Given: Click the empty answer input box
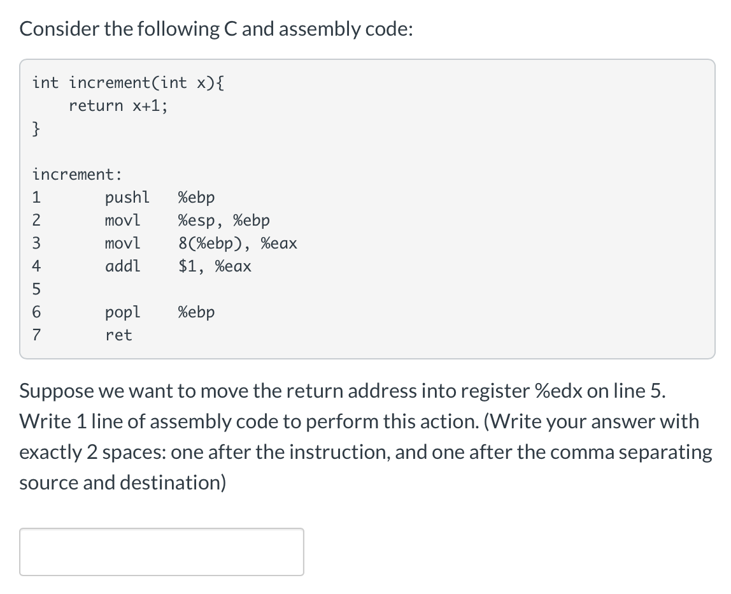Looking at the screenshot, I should pyautogui.click(x=161, y=551).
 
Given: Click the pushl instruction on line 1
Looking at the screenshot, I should pyautogui.click(x=127, y=198).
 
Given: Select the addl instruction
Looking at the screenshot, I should pyautogui.click(x=122, y=266).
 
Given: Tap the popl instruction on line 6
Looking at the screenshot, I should pyautogui.click(x=122, y=312).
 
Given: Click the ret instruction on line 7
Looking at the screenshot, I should pyautogui.click(x=118, y=335).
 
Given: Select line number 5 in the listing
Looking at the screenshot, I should pyautogui.click(x=36, y=289).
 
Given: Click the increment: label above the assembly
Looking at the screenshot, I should pyautogui.click(x=77, y=174).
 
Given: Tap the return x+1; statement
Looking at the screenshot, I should pyautogui.click(x=118, y=106).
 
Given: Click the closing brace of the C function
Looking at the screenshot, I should pyautogui.click(x=37, y=129).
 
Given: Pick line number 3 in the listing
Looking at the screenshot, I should pyautogui.click(x=36, y=243).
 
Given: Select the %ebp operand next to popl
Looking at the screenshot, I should pyautogui.click(x=196, y=312).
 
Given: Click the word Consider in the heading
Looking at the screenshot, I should pyautogui.click(x=55, y=29).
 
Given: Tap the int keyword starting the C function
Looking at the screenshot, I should pyautogui.click(x=45, y=83).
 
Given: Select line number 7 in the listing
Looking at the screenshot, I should pyautogui.click(x=36, y=335).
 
